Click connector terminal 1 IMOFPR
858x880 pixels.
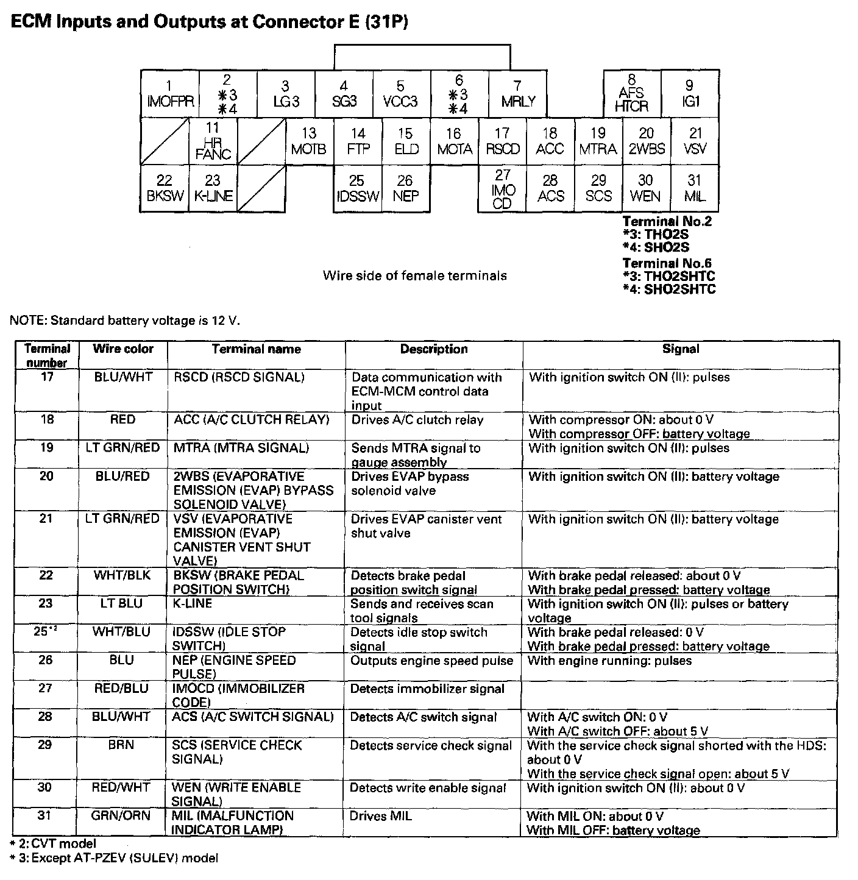(x=169, y=94)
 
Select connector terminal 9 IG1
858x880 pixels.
(x=690, y=94)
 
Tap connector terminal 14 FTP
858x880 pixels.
(x=358, y=141)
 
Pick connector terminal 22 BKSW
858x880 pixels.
(x=164, y=188)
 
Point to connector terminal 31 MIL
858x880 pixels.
(x=694, y=188)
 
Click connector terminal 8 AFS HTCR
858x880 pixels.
(x=632, y=94)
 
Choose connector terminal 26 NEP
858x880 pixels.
(x=405, y=188)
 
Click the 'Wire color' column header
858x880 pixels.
(x=122, y=349)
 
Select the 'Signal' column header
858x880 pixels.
(x=681, y=349)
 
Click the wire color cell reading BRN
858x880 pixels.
(x=121, y=745)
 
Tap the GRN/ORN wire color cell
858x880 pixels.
(x=122, y=815)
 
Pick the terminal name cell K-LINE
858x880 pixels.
(x=193, y=603)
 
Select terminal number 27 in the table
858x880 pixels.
(x=46, y=689)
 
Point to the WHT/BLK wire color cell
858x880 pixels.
(x=122, y=575)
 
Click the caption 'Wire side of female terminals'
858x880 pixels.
(x=414, y=275)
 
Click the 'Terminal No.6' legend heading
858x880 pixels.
(x=667, y=263)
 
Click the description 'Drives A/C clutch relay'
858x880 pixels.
(x=417, y=420)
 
